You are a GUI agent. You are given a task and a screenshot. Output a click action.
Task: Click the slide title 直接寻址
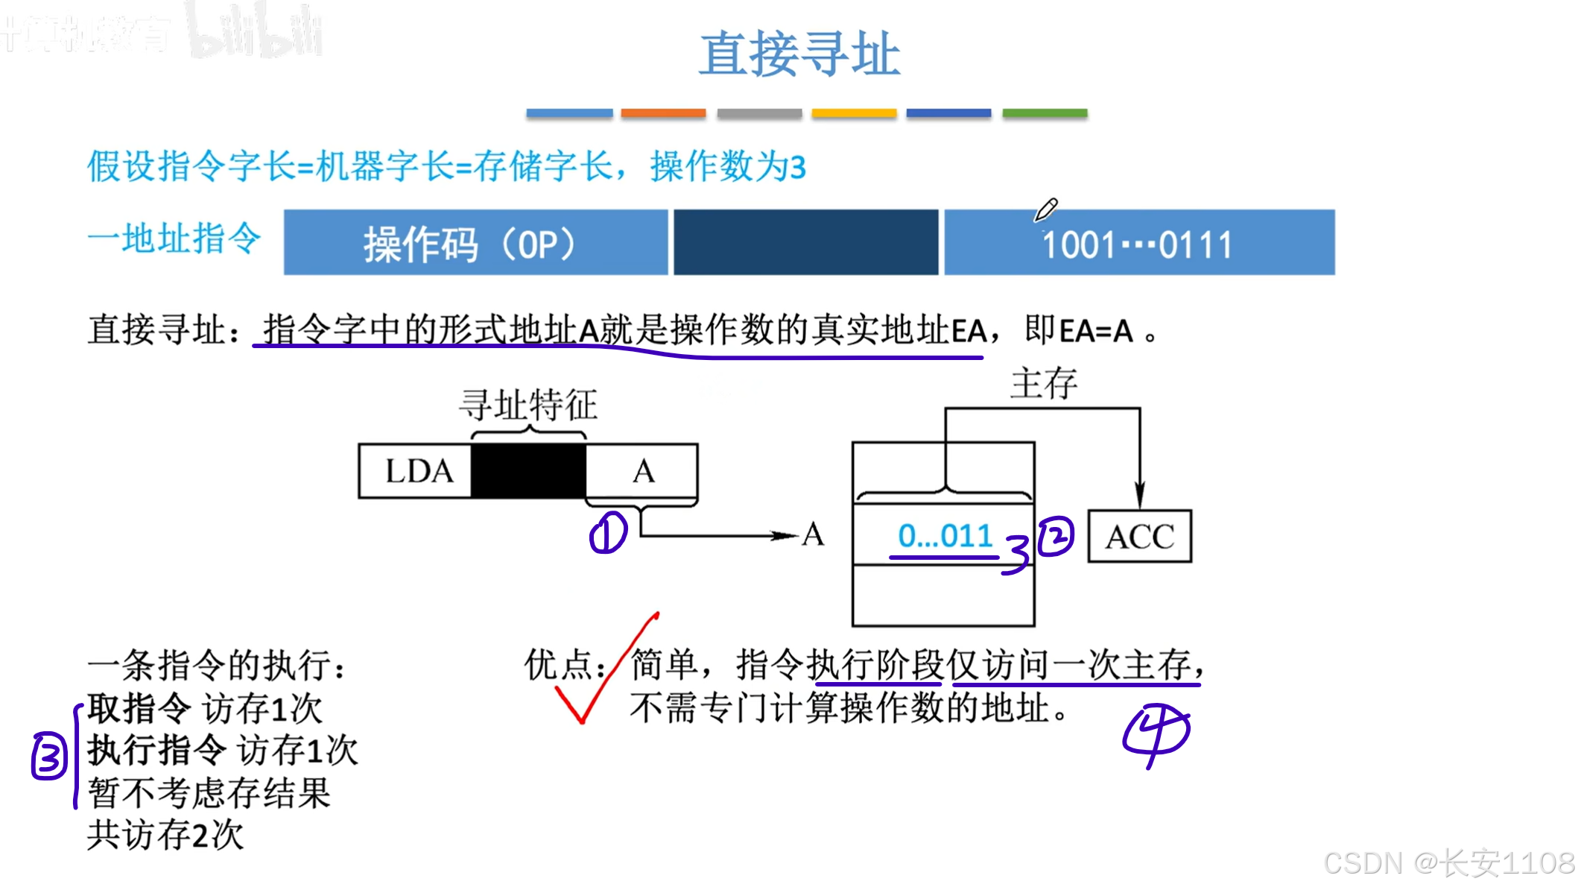coord(799,54)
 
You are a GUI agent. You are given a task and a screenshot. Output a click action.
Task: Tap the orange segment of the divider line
coord(663,113)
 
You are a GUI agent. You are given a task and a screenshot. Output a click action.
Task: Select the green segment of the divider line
coord(1045,113)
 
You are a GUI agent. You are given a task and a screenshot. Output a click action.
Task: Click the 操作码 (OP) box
coord(475,243)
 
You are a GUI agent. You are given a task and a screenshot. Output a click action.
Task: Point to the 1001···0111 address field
coord(1138,244)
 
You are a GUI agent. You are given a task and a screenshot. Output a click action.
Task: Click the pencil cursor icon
coord(1045,210)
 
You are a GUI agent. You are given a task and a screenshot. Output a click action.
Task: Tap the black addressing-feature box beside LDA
coord(528,471)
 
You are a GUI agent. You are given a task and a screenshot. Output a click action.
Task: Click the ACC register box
coord(1139,537)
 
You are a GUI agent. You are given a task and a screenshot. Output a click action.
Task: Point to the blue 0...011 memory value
coord(945,536)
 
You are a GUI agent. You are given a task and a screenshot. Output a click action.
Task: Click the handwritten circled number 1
coord(608,533)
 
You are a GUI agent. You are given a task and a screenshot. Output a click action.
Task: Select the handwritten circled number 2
coord(1056,536)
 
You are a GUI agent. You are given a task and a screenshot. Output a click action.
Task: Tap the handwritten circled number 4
coord(1156,733)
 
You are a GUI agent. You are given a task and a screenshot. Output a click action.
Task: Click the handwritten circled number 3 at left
coord(49,757)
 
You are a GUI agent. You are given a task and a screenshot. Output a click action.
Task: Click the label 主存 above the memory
coord(1043,384)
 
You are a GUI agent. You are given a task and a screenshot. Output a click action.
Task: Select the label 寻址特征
coord(527,405)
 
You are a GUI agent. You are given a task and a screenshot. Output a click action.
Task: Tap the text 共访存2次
coord(165,835)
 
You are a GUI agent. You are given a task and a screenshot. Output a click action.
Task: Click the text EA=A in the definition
coord(1095,330)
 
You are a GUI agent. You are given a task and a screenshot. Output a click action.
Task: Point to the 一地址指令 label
coord(174,239)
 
